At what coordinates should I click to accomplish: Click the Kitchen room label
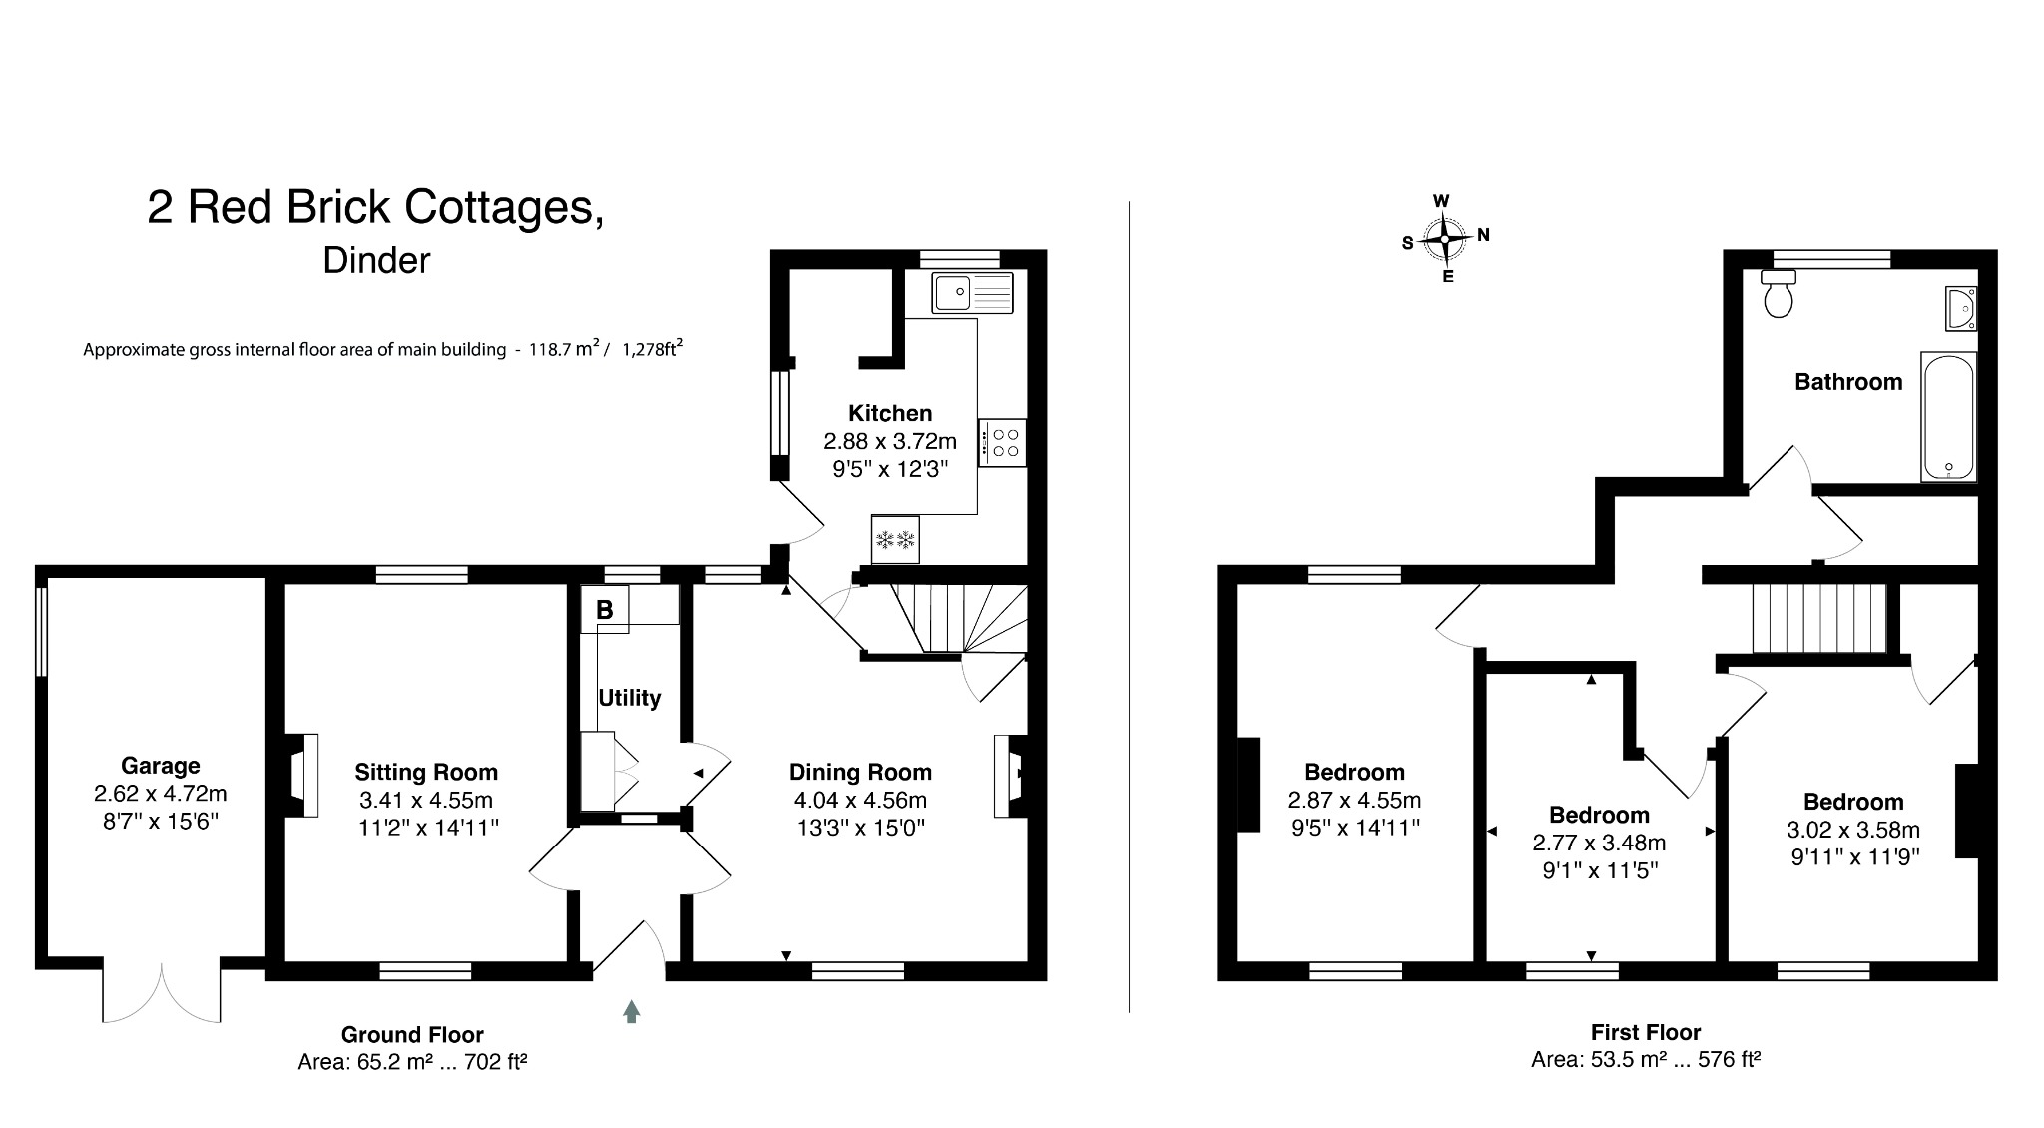click(889, 413)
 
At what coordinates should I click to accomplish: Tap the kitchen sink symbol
click(971, 292)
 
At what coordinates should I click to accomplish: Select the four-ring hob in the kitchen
click(1003, 443)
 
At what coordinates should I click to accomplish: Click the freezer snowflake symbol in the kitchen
click(895, 541)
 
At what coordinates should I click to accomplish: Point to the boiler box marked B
click(605, 609)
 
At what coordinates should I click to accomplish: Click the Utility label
click(629, 698)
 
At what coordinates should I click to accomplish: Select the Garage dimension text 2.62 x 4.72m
click(160, 794)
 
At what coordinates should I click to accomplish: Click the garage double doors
click(162, 992)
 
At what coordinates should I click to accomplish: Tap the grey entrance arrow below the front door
click(631, 1011)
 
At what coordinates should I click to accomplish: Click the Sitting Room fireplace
click(302, 776)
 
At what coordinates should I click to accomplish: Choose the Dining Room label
click(860, 772)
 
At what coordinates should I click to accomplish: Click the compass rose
click(1444, 239)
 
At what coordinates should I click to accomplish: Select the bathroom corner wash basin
click(1960, 308)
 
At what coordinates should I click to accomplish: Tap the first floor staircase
click(1818, 619)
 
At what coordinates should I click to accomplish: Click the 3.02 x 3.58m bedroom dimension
click(1852, 830)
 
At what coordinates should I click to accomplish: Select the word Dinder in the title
click(376, 260)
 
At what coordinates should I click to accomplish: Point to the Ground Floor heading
click(412, 1035)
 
